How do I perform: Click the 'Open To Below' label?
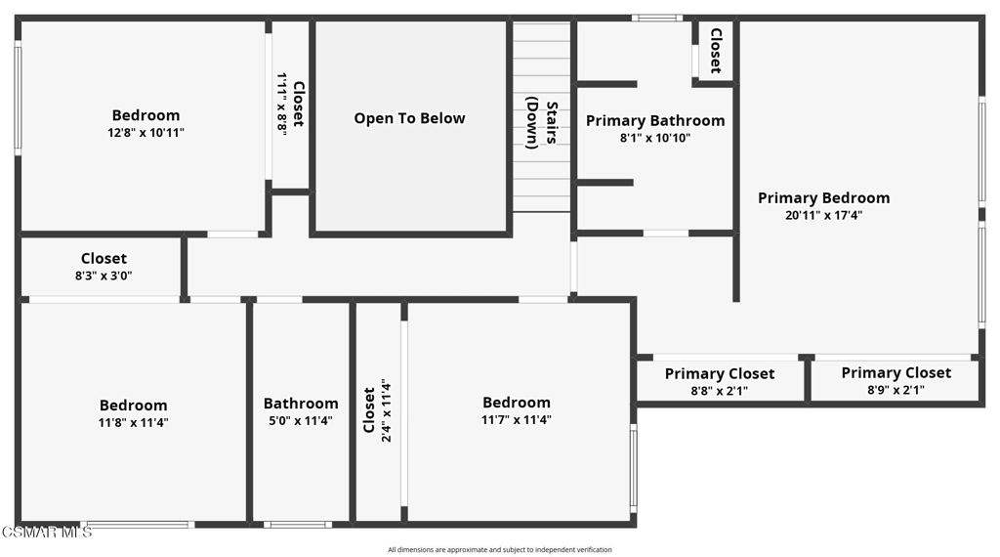point(409,118)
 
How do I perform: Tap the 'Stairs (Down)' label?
point(542,122)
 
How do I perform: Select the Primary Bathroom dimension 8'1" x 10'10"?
point(654,139)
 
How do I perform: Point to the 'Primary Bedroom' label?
point(823,197)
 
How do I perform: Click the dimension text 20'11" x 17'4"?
point(823,216)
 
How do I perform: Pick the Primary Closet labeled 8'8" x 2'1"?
point(720,391)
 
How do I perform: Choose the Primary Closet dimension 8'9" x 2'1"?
point(896,390)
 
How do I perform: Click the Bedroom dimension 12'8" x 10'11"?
point(146,133)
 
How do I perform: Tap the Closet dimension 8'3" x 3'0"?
point(104,276)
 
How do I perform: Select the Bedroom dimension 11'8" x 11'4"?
point(133,422)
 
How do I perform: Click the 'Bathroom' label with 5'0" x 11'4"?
point(301,404)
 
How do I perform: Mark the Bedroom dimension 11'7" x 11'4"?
point(516,420)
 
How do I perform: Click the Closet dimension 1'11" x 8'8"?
point(282,104)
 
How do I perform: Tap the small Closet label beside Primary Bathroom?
point(715,50)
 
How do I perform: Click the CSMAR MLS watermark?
point(46,532)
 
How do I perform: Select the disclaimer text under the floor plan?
point(499,549)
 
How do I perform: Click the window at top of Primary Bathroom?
point(656,18)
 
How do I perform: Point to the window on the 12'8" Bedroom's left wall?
point(18,97)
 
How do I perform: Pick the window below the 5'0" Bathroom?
point(297,525)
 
